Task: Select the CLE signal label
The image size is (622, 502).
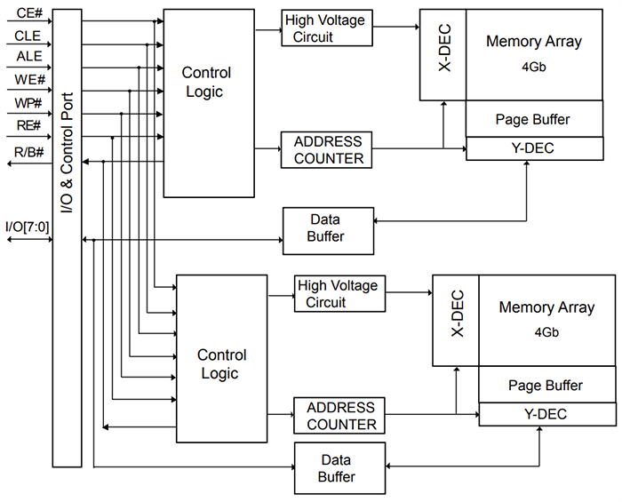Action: point(28,36)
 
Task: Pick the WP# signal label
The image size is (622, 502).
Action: point(28,103)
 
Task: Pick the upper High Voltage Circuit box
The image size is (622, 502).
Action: point(324,28)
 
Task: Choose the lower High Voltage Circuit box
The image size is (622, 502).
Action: point(338,294)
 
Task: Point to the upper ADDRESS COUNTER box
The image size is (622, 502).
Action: point(324,149)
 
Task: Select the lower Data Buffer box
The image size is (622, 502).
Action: point(340,468)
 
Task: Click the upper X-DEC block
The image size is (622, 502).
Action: point(443,55)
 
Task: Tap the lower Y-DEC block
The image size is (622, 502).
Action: point(545,414)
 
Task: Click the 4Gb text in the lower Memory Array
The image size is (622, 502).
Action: point(546,332)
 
